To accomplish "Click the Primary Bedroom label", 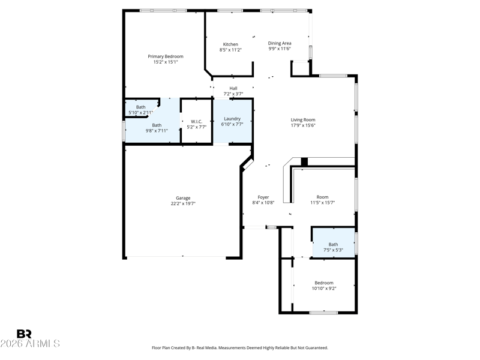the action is [x=166, y=56].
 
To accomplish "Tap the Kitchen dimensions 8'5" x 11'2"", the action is [x=230, y=50].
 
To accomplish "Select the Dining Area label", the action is [x=280, y=43].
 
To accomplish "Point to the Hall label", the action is [x=233, y=88].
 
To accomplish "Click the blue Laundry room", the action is [x=233, y=121].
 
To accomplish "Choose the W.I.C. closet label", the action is [x=197, y=122].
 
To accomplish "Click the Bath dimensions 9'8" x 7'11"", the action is [x=157, y=131].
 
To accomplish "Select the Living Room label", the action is [x=303, y=119].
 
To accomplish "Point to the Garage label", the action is [x=183, y=198].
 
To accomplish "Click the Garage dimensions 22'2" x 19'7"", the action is [x=183, y=203].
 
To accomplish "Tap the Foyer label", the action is [x=263, y=197].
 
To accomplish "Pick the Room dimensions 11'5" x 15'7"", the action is [x=323, y=202].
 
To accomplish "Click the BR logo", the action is [x=24, y=334].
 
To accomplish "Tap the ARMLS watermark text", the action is [x=30, y=343].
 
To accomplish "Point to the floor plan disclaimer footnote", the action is [x=240, y=348].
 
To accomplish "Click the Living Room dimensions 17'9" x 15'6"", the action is [x=303, y=125].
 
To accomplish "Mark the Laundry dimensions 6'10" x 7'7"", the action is [x=232, y=124].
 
